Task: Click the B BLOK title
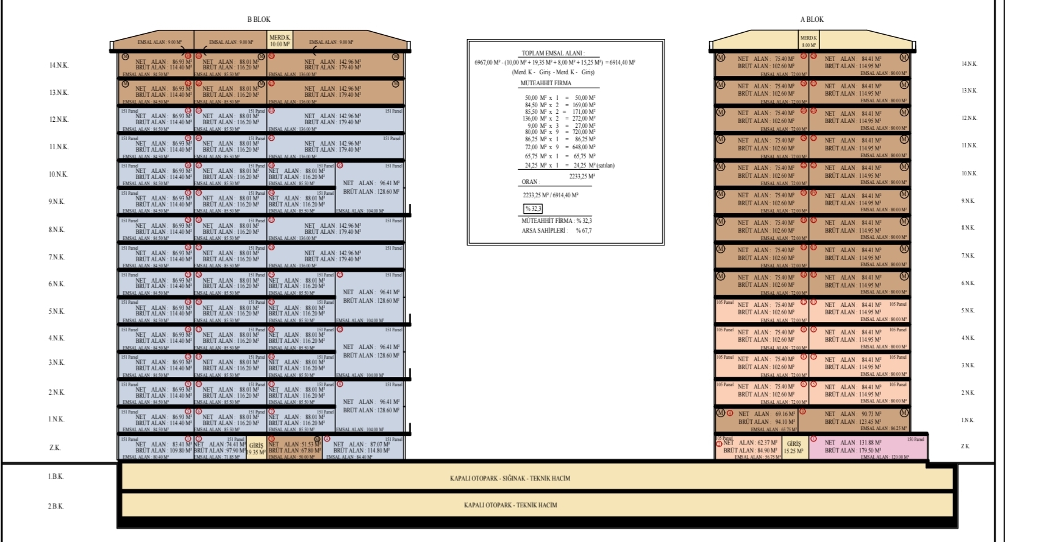259,19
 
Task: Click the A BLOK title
812,19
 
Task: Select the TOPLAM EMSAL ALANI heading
552,54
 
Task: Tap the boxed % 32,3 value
533,209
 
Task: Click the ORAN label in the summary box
529,182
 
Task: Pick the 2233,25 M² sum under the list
582,177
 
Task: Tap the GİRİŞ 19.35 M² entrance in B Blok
256,449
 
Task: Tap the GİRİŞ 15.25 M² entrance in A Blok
794,448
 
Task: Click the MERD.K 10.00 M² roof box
280,41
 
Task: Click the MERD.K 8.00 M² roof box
809,41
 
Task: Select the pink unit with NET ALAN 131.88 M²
868,447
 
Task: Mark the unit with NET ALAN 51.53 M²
295,448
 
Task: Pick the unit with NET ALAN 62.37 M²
749,448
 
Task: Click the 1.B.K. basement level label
55,476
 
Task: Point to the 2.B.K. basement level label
55,506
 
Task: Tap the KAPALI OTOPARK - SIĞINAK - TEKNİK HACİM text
510,479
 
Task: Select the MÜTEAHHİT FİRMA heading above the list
546,83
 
